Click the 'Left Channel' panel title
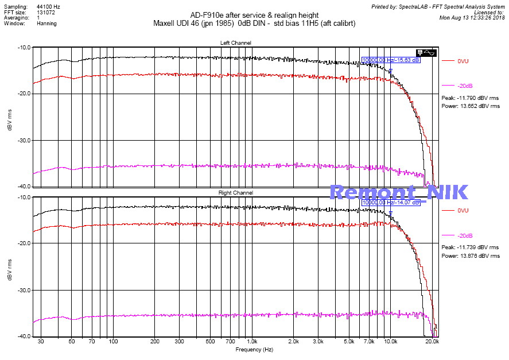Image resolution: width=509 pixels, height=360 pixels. click(x=235, y=43)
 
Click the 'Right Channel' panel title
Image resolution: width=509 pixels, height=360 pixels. click(x=235, y=193)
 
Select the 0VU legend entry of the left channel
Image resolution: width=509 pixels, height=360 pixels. click(x=463, y=61)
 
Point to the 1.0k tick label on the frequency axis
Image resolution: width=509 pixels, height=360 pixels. click(x=251, y=342)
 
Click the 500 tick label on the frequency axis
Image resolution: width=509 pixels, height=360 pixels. click(x=211, y=342)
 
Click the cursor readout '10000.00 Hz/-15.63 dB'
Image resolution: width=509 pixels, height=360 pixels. click(x=391, y=60)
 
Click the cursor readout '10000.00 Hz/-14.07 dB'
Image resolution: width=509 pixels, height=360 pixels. click(x=391, y=203)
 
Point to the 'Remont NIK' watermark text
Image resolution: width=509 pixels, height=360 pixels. click(x=399, y=192)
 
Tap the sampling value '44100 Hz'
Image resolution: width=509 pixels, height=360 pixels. click(x=48, y=6)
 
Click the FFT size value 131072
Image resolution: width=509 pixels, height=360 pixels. click(x=46, y=12)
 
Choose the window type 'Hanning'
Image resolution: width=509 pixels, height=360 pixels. click(x=46, y=24)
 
